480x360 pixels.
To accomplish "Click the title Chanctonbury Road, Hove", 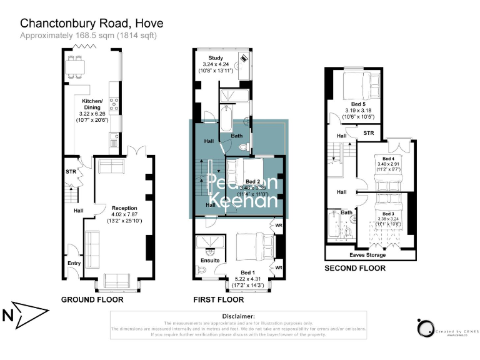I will coord(92,23).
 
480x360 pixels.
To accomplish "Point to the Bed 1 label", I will coord(247,272).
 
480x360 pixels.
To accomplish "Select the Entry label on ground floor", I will coord(74,263).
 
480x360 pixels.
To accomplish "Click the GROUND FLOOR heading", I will coord(92,300).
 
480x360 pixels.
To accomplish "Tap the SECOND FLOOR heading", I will coord(354,269).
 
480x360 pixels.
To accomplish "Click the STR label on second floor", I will coord(369,133).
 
